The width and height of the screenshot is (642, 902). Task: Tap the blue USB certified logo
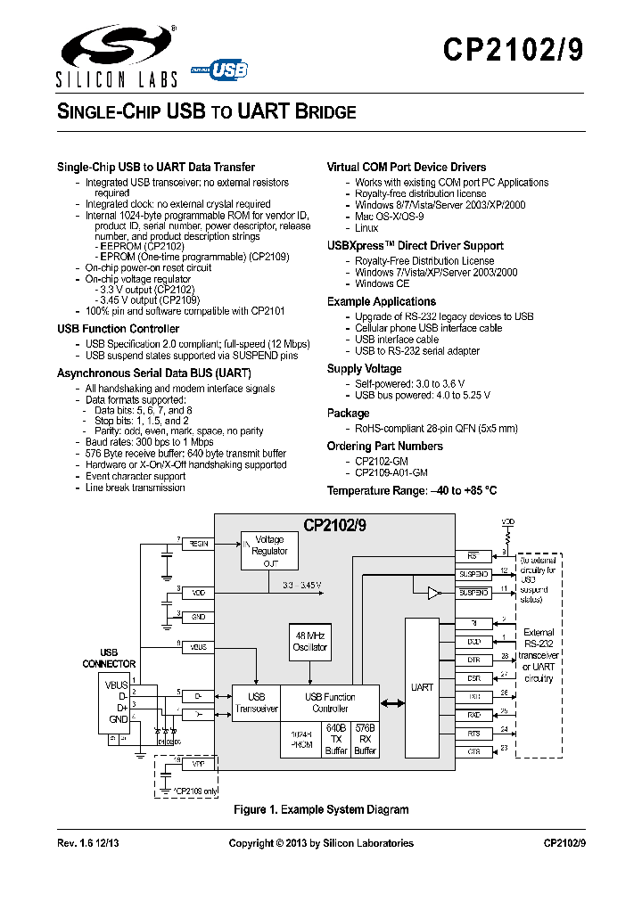[x=226, y=69]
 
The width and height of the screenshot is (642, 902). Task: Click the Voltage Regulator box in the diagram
[x=269, y=551]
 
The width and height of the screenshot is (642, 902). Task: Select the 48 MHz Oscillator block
[x=311, y=641]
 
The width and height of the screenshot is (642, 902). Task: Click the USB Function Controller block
[x=329, y=702]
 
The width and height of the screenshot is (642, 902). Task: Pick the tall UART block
[x=422, y=687]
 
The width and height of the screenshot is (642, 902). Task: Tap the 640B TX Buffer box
[x=335, y=739]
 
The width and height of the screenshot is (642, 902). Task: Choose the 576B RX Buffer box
[x=365, y=739]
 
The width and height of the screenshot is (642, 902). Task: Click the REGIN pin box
[x=198, y=542]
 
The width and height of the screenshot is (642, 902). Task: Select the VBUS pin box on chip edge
[x=198, y=646]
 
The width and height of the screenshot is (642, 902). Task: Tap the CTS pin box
[x=473, y=751]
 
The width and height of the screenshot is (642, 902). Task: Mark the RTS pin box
[x=473, y=733]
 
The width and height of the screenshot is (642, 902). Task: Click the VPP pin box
[x=198, y=764]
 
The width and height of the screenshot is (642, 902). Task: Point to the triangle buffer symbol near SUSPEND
[x=433, y=592]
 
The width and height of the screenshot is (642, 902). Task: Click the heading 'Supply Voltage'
[x=364, y=368]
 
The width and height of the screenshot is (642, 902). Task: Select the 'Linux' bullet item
[x=366, y=228]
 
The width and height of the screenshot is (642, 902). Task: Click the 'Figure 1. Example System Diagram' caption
[x=321, y=809]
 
